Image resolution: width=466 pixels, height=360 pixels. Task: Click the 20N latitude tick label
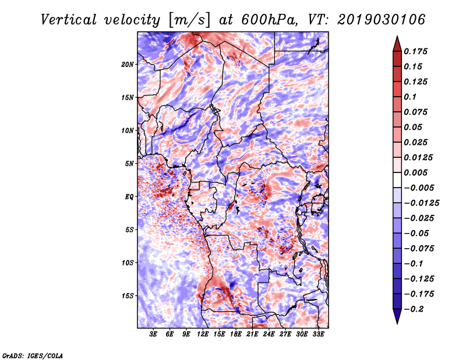127,65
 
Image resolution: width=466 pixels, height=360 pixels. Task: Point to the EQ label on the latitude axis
129,197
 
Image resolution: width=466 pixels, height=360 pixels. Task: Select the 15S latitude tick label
127,296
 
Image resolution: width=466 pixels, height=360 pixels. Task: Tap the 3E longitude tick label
153,334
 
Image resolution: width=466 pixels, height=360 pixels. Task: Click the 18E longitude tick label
236,334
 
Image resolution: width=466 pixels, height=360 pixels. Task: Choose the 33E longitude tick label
318,334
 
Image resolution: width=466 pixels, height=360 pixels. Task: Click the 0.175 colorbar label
415,51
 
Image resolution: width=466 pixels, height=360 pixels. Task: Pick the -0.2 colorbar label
414,309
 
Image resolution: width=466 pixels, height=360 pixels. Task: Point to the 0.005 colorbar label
415,172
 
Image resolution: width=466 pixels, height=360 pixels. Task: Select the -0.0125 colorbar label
421,203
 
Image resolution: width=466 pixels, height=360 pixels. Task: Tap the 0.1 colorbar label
410,97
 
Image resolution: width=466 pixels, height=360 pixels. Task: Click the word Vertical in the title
69,20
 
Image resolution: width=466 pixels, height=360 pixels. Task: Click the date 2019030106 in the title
382,20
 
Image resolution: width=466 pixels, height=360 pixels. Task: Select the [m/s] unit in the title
189,20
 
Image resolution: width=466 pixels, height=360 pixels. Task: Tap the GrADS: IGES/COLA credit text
33,355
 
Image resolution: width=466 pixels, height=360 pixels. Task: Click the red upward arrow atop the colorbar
397,44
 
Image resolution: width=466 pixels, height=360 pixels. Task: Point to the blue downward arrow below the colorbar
397,316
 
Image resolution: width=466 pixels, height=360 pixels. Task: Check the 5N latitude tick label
129,164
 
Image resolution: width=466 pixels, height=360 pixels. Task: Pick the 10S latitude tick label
127,263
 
